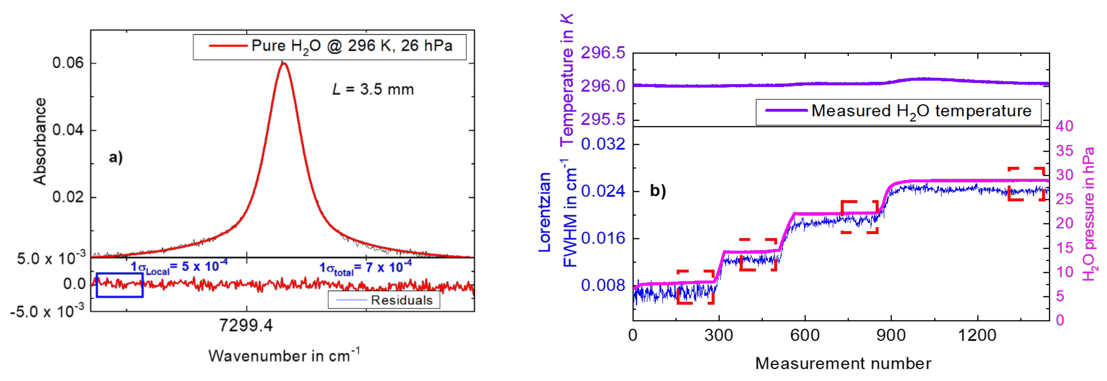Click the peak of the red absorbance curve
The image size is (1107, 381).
[x=283, y=63]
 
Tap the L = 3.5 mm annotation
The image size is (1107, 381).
[x=373, y=89]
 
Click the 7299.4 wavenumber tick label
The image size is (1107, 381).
[x=246, y=325]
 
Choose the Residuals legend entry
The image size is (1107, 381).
[x=384, y=300]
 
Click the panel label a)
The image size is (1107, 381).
[x=115, y=157]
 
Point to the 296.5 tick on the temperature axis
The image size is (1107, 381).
[x=603, y=53]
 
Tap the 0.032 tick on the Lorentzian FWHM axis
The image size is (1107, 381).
[x=603, y=144]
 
